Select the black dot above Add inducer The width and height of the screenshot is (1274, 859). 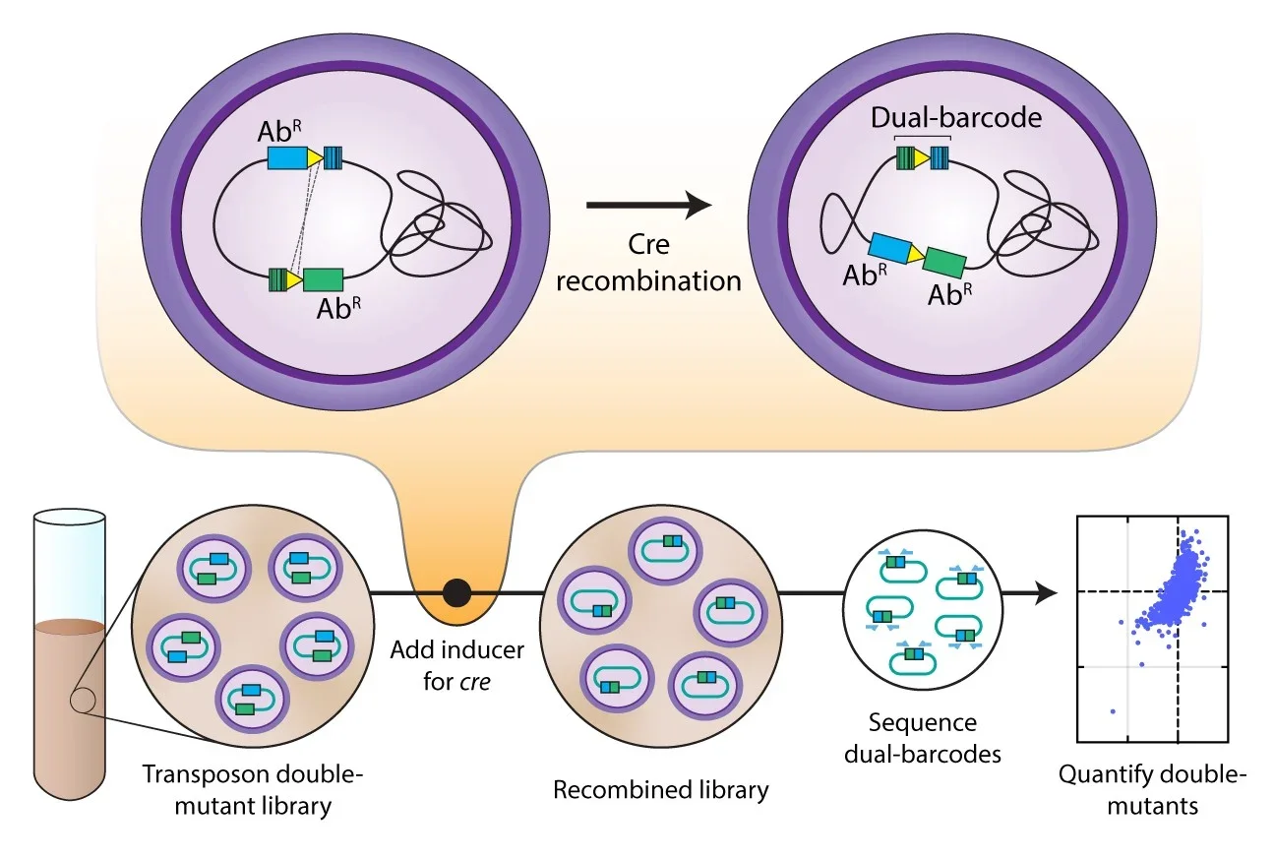(x=456, y=593)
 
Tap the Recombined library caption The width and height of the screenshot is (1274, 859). (x=660, y=789)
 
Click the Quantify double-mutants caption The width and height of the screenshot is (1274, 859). (x=1152, y=790)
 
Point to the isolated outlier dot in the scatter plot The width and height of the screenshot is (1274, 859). (x=1112, y=710)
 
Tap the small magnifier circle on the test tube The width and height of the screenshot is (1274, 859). (x=83, y=701)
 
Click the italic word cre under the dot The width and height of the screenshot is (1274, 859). (x=476, y=681)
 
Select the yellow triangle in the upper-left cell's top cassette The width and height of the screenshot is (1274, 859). (x=315, y=158)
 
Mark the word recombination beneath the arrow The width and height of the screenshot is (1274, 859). (x=648, y=280)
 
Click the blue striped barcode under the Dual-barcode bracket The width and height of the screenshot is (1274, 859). (x=940, y=156)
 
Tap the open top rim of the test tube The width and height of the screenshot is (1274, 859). (x=69, y=516)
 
